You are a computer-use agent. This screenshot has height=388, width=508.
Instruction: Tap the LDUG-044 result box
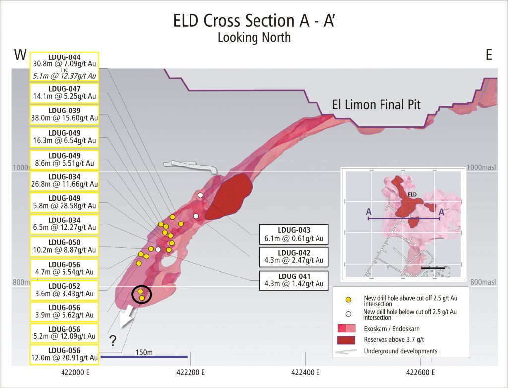click(64, 66)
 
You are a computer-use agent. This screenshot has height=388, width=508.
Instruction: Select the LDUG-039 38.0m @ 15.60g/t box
click(64, 114)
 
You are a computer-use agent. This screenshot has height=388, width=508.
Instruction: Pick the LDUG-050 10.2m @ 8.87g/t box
click(64, 246)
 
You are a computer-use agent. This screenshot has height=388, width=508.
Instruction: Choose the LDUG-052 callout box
click(64, 290)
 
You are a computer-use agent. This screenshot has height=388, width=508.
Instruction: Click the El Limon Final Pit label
click(376, 105)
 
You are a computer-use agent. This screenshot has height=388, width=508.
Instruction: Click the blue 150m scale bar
click(144, 356)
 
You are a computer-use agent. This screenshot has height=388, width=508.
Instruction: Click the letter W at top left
click(20, 55)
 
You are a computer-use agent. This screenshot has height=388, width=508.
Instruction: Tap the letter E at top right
click(489, 55)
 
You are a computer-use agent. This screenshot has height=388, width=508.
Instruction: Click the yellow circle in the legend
click(349, 300)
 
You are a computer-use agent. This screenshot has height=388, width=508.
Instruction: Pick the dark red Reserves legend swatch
click(349, 340)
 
